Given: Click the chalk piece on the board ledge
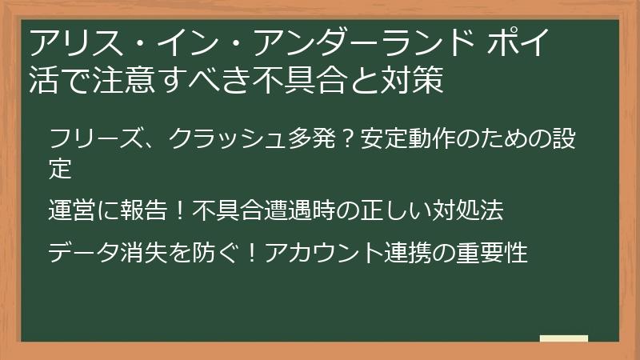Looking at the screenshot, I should (563, 338).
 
